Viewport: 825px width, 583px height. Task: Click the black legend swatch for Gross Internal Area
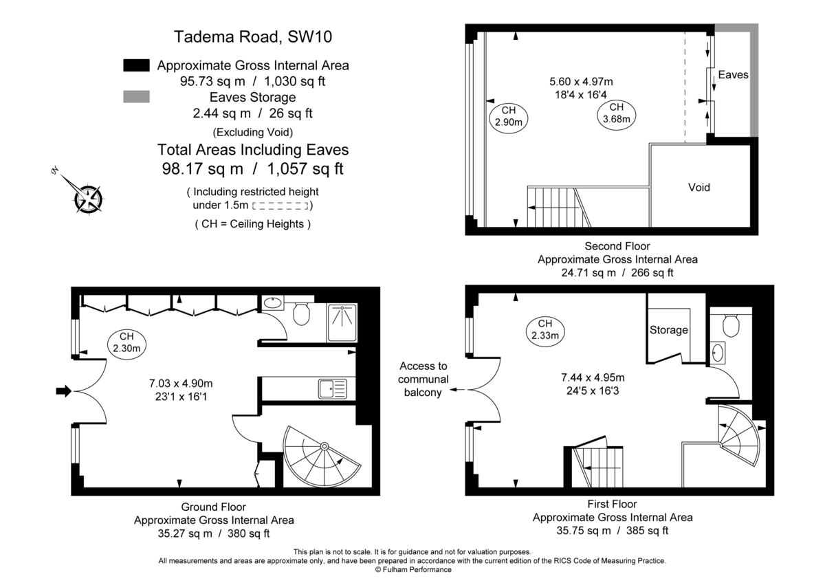point(136,65)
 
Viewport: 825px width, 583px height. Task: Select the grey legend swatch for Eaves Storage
point(136,97)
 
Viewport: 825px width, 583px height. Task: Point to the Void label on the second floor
point(699,187)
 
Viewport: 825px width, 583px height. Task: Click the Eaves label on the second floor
point(733,74)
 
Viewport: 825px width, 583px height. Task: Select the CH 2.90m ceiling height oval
point(508,117)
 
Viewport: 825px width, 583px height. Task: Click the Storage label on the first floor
point(669,330)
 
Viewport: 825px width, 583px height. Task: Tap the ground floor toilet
point(300,313)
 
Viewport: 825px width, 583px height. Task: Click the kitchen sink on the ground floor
point(333,388)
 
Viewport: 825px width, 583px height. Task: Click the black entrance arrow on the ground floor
point(63,391)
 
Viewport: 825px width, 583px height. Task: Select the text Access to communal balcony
point(423,379)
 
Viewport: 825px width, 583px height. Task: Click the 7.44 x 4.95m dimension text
point(593,377)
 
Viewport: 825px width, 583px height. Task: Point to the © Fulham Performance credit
point(412,569)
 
